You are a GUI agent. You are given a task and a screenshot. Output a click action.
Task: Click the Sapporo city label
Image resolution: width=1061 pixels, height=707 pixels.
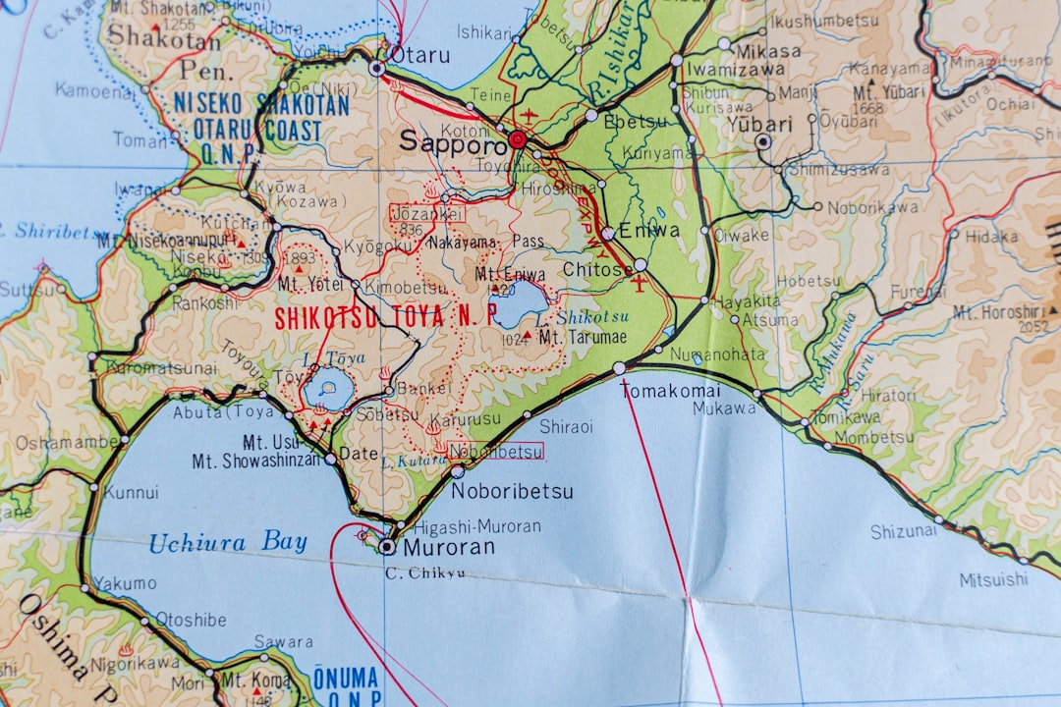[452, 140]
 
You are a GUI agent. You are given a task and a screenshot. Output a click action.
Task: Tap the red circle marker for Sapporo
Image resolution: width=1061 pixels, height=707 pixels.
[518, 140]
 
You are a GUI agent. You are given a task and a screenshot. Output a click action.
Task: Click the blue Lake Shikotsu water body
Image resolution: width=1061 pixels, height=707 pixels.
[523, 303]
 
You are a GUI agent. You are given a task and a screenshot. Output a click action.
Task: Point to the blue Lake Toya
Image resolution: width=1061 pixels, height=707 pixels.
[323, 391]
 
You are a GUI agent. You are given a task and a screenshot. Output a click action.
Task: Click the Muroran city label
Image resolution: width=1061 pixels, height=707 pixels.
[449, 547]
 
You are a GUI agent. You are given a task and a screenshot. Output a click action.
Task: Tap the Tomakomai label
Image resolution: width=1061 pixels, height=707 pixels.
[670, 390]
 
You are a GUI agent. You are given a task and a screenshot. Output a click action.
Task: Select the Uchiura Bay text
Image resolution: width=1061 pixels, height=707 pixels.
[228, 542]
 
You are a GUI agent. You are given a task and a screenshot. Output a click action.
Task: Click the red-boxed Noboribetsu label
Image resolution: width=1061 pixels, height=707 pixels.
[495, 451]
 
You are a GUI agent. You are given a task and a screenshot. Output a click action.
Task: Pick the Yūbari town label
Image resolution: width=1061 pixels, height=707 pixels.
[759, 124]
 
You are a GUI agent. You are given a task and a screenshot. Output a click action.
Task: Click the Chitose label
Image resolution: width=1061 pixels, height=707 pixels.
[597, 268]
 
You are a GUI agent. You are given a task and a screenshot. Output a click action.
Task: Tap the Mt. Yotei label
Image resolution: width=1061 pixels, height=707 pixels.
[309, 283]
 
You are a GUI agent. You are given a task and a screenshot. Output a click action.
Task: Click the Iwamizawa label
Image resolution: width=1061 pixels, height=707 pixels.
[735, 69]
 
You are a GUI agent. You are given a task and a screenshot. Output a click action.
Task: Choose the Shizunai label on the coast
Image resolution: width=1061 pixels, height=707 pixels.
[903, 531]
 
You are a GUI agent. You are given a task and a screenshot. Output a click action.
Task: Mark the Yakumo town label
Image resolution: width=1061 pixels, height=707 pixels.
[125, 583]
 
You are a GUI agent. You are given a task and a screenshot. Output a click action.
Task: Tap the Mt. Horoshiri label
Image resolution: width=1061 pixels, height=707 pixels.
[999, 312]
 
